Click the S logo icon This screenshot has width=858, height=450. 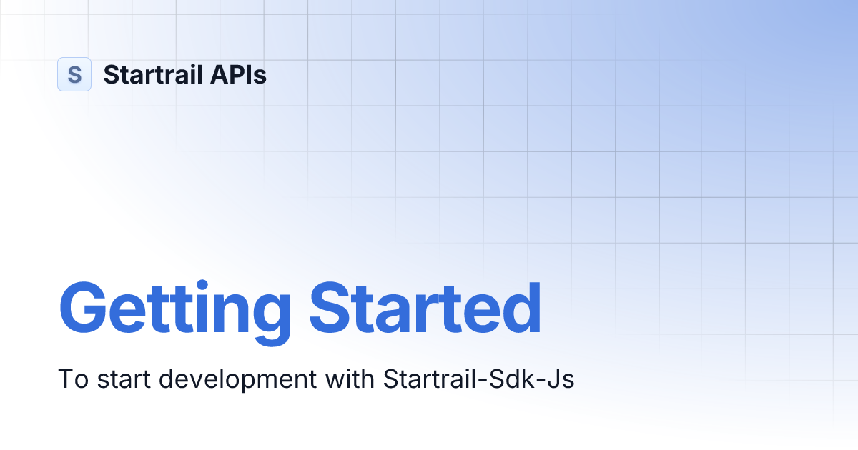(x=74, y=74)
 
